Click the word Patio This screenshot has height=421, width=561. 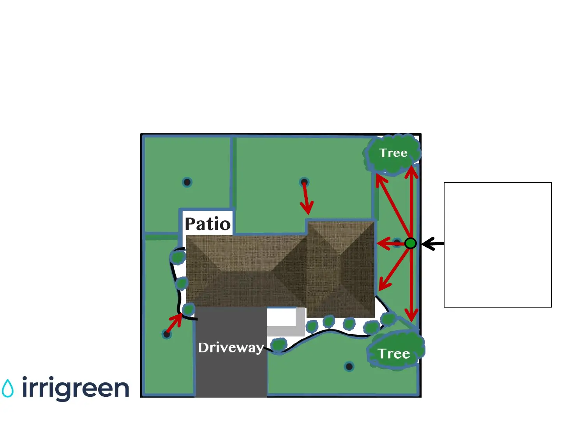208,224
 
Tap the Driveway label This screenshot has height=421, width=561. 231,347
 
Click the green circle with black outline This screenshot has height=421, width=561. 410,243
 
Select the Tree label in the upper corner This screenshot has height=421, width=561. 393,153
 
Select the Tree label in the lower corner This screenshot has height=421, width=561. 394,354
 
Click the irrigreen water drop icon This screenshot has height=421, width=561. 8,388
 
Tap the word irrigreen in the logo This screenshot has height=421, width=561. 75,388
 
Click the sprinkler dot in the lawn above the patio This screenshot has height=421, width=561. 187,182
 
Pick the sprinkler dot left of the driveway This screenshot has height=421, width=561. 167,334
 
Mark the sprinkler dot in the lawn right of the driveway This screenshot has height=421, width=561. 349,366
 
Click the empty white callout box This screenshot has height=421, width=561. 497,244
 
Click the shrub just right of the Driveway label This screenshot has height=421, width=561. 279,345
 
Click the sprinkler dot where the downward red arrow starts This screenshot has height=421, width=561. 304,182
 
